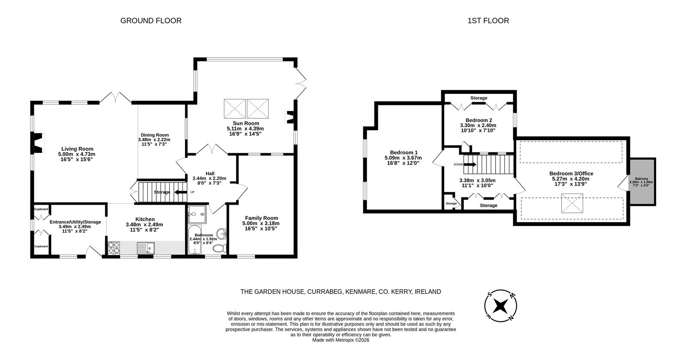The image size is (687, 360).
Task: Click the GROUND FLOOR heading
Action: coord(151,21)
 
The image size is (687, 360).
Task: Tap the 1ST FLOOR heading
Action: coord(488,21)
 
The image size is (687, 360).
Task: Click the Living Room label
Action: coord(77,149)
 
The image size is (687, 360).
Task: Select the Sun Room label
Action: coord(246,123)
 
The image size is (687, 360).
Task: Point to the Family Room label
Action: coord(261,218)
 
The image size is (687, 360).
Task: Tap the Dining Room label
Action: coord(155,135)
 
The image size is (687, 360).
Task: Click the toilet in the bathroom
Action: coord(219,248)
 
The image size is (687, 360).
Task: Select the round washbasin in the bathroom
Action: coord(222,233)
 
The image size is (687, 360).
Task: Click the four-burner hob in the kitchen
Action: coord(114,248)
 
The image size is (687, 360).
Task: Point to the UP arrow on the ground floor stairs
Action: coord(181,192)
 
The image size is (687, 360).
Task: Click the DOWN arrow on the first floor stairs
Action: coord(470,164)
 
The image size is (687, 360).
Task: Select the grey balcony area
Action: coord(642,182)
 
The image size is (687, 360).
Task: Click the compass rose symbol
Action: coord(501,306)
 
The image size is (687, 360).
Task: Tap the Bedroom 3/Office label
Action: coord(571,173)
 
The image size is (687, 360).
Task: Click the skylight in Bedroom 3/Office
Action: coord(572,203)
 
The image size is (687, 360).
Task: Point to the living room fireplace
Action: coord(38,143)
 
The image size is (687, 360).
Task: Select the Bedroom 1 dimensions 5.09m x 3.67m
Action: coord(403,158)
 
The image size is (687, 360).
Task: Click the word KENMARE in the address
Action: coord(361,292)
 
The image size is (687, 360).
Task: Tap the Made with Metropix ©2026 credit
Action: coord(341,340)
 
